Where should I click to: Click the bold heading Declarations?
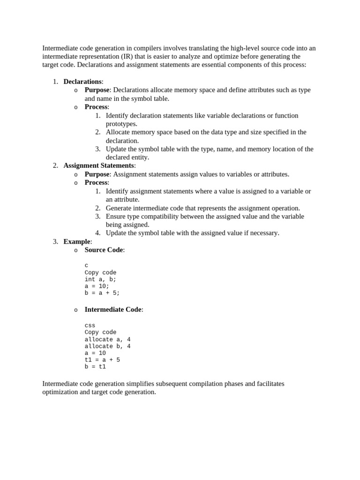[x=82, y=82]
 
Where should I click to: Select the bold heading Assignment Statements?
[x=99, y=165]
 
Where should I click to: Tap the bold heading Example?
[x=76, y=241]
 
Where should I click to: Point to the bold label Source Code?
[x=104, y=250]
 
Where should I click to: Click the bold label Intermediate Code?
[x=113, y=309]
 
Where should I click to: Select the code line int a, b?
[x=100, y=279]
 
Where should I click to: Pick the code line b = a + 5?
[x=102, y=293]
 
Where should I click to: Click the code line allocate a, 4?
[x=107, y=339]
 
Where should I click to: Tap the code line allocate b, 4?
[x=107, y=346]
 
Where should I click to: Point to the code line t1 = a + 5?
[x=102, y=360]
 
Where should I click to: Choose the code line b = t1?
[x=95, y=367]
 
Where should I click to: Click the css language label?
[x=90, y=325]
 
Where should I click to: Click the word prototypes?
[x=121, y=124]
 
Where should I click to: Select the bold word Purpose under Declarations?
[x=97, y=90]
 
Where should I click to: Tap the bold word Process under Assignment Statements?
[x=96, y=182]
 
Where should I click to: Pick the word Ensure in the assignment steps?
[x=116, y=217]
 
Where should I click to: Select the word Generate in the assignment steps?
[x=120, y=208]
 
